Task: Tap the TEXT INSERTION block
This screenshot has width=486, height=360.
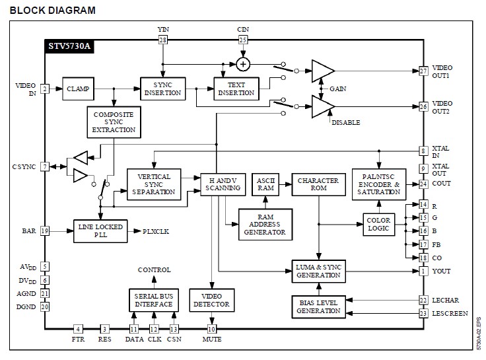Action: click(236, 89)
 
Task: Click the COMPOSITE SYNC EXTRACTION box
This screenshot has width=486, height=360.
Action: click(114, 122)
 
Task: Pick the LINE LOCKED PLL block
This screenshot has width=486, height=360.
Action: click(99, 231)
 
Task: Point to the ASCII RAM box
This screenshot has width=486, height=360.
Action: click(265, 184)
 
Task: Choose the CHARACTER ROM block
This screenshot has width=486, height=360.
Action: click(318, 184)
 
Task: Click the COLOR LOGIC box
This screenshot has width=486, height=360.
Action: click(379, 224)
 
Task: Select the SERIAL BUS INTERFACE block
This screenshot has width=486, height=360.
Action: click(155, 300)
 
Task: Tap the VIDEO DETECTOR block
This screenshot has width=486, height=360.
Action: click(211, 300)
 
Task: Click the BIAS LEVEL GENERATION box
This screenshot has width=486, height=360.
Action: click(318, 306)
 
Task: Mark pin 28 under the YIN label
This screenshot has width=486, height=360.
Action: click(163, 40)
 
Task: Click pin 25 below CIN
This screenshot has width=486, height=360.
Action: click(243, 40)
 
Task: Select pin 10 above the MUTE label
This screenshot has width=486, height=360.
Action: click(212, 328)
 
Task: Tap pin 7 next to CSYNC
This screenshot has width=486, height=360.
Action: click(45, 166)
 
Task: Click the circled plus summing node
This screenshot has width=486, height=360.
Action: click(243, 64)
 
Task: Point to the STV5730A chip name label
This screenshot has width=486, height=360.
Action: click(69, 48)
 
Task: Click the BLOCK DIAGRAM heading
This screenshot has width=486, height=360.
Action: click(53, 11)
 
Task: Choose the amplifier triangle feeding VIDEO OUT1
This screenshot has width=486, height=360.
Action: click(322, 71)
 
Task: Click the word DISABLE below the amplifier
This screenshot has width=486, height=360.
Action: click(346, 123)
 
